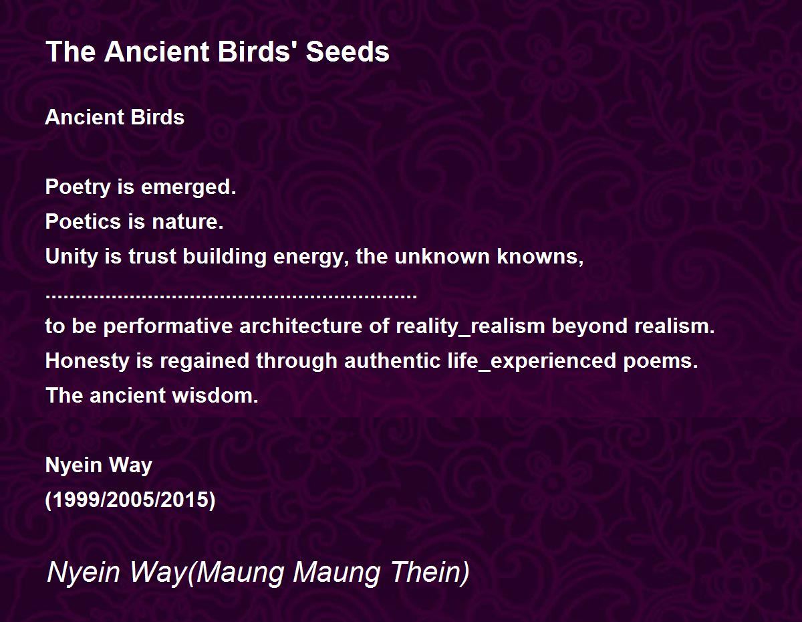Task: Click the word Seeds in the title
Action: pos(348,51)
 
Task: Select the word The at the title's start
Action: pos(71,51)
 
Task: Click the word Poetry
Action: pos(78,187)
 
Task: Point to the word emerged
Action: pos(188,187)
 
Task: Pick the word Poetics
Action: pos(83,221)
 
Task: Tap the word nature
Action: pos(188,222)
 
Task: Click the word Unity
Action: pos(72,257)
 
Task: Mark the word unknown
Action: pos(442,256)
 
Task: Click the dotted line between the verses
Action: pos(231,296)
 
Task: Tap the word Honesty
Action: pos(87,361)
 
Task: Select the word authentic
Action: pos(392,361)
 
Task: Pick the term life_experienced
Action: pos(532,361)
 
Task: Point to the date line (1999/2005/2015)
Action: pos(130,500)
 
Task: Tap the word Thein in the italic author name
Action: pos(430,572)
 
